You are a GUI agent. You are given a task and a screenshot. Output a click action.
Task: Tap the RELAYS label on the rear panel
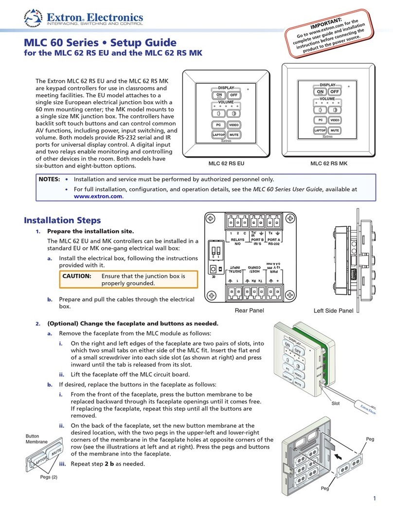point(237,240)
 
